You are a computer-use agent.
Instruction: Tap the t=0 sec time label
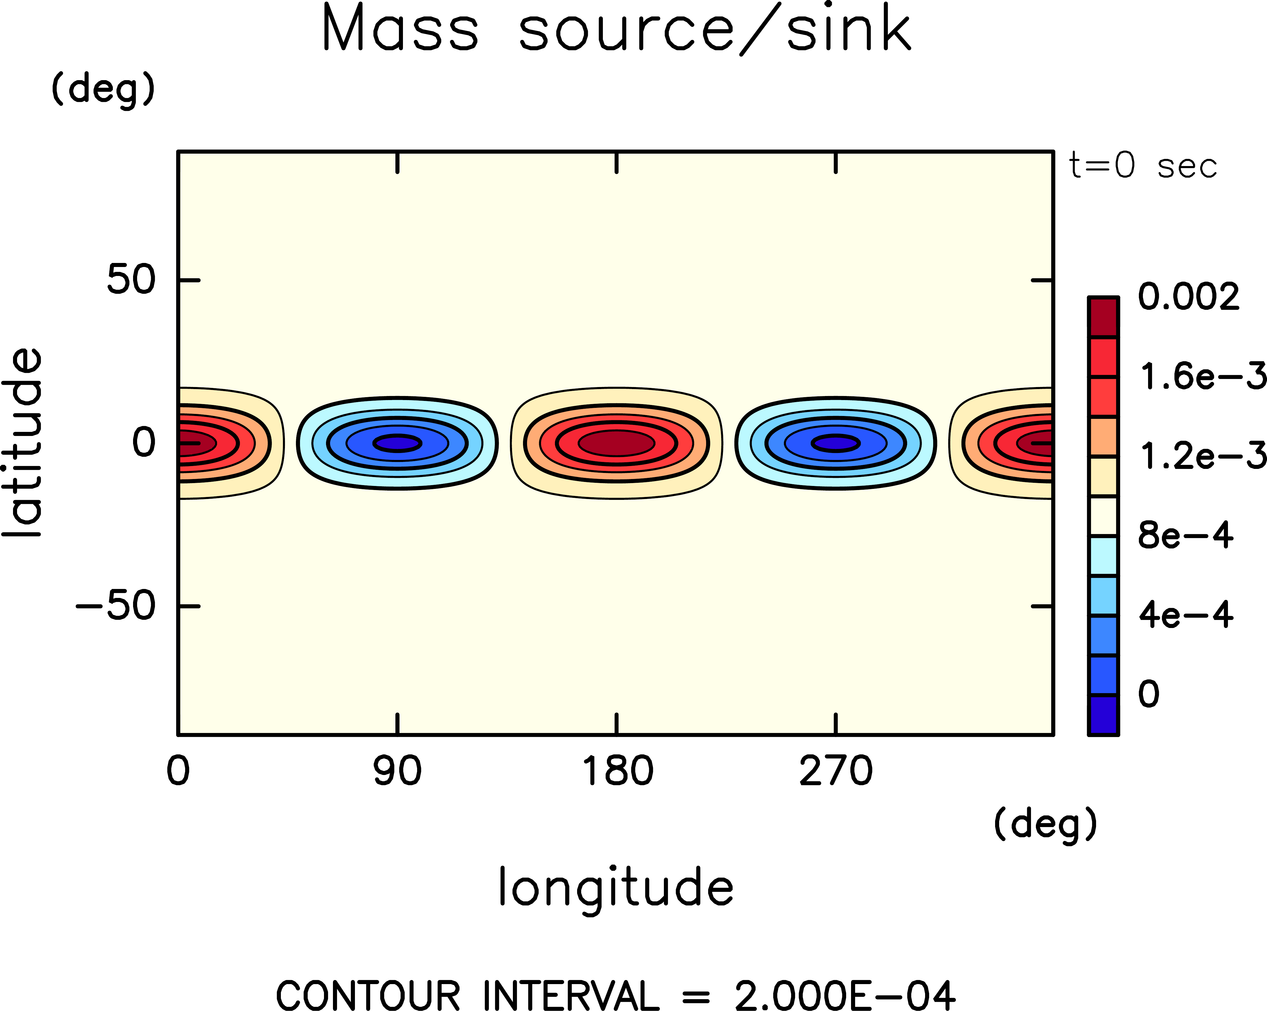1142,166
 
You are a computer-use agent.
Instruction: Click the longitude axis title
616,887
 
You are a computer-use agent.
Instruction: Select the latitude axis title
22,443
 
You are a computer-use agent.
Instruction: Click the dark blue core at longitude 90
397,443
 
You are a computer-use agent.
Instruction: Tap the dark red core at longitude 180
616,443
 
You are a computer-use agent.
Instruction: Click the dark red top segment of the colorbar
1103,317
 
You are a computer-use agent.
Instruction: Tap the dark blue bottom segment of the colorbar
1103,715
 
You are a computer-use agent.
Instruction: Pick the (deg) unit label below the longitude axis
1045,824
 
